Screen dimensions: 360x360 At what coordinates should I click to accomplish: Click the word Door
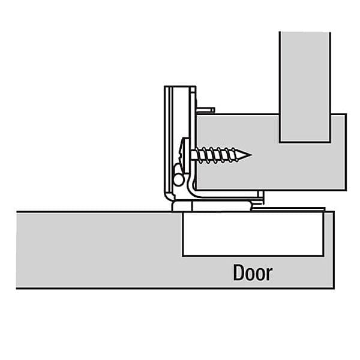pos(253,272)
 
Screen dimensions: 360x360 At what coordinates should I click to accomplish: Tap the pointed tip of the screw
pos(251,155)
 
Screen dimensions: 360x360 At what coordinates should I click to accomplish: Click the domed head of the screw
pos(185,155)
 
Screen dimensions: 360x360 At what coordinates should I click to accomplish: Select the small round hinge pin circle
pos(178,179)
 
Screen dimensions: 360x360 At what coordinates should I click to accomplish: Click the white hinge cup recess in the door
pos(253,234)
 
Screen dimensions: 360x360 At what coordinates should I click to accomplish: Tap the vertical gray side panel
pos(305,87)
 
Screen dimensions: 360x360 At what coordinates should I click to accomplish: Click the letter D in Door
pos(239,272)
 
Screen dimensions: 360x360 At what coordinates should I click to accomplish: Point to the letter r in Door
pos(269,274)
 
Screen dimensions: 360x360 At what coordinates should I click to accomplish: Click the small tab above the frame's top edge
pos(205,110)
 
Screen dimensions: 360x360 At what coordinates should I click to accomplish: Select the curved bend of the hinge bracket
pos(193,188)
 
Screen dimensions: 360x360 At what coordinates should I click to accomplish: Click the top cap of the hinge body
pos(180,87)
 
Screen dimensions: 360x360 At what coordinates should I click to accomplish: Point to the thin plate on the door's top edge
pos(288,209)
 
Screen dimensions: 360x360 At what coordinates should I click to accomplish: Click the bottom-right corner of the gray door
pos(334,288)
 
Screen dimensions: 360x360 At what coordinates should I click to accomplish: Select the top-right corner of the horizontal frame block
pos(346,114)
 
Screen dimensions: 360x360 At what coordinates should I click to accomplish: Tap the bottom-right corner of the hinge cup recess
pos(323,256)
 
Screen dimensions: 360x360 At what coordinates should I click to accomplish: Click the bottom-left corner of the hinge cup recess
pos(183,256)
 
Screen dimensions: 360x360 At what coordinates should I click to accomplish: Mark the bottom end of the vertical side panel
pos(305,142)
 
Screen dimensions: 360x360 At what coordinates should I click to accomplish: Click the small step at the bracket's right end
pos(260,198)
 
